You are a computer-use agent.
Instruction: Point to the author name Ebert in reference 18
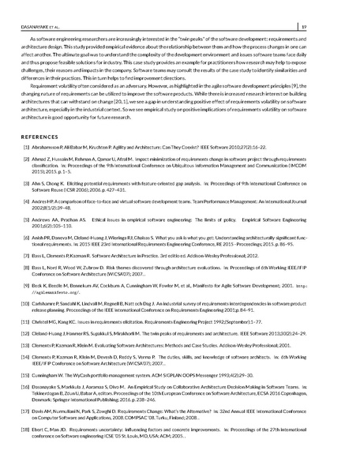39,449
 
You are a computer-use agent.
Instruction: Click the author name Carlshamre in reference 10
47,325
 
